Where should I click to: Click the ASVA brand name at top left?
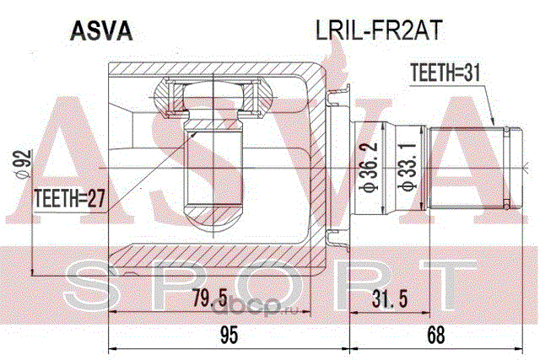pos(101,31)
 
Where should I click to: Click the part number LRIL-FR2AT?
pos(379,31)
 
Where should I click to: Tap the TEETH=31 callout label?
pos(445,73)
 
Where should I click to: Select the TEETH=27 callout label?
pos(69,198)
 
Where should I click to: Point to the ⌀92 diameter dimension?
pos(24,164)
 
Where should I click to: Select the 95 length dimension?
pos(229,335)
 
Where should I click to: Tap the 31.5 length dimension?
pos(390,298)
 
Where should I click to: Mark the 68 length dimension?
pos(435,335)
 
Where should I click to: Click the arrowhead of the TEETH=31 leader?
pos(493,122)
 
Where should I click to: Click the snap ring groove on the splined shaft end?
pos(506,168)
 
